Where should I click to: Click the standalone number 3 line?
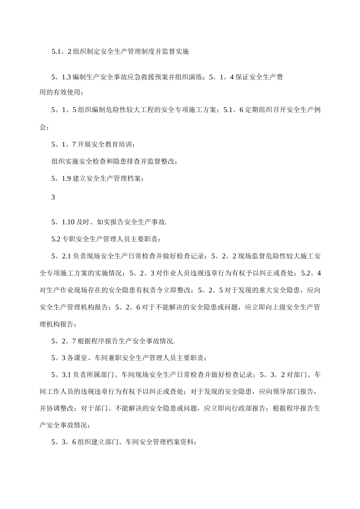[x=53, y=197]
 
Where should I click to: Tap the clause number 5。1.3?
[x=61, y=77]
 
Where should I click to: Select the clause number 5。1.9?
[x=61, y=179]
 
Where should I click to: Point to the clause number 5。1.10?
[x=63, y=222]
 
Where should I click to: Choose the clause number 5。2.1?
[x=61, y=256]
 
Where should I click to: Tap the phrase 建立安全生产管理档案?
[x=106, y=179]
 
